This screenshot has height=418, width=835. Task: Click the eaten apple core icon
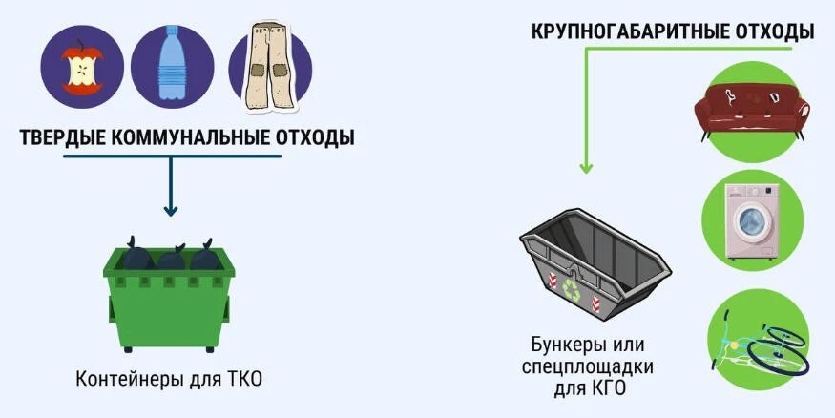(x=82, y=68)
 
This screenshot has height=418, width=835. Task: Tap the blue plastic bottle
(x=171, y=63)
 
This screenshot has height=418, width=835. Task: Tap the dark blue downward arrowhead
(x=171, y=211)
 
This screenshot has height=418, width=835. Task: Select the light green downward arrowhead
(x=586, y=168)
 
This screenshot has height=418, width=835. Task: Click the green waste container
(x=169, y=300)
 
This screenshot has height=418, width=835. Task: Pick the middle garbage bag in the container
(x=171, y=257)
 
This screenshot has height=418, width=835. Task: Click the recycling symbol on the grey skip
(x=572, y=291)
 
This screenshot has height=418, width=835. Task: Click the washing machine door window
(x=750, y=223)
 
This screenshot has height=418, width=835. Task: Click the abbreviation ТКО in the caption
(x=244, y=380)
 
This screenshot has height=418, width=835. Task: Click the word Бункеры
(x=565, y=345)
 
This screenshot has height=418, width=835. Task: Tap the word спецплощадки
(x=588, y=366)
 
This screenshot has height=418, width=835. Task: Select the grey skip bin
(x=595, y=264)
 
